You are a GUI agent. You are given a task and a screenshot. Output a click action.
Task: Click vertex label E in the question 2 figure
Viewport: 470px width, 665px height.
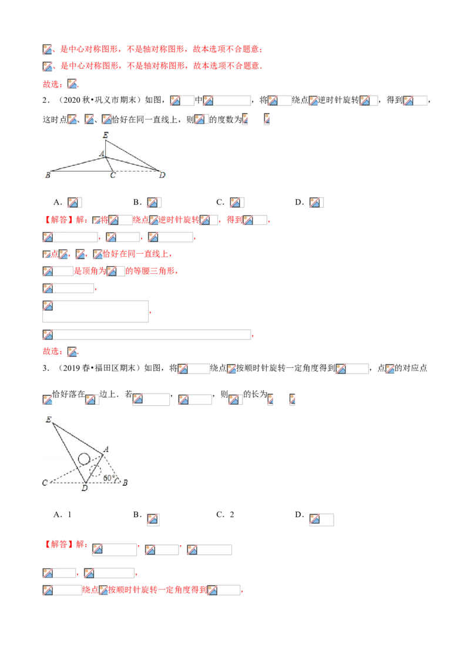pyautogui.click(x=106, y=135)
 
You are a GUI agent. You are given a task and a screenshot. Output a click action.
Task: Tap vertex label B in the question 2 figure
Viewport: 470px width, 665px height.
pyautogui.click(x=48, y=174)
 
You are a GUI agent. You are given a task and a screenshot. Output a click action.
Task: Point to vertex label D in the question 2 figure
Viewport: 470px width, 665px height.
pyautogui.click(x=162, y=174)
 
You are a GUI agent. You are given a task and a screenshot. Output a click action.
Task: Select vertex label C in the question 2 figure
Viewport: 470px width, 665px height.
pyautogui.click(x=113, y=175)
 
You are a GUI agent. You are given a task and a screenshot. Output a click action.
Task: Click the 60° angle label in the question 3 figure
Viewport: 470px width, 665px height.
pyautogui.click(x=109, y=478)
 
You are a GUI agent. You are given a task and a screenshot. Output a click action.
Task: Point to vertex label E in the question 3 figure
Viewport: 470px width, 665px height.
pyautogui.click(x=48, y=419)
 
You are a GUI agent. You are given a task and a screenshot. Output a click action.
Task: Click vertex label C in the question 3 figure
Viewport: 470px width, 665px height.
pyautogui.click(x=45, y=483)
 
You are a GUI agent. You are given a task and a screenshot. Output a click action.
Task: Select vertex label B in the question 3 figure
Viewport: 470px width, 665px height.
pyautogui.click(x=125, y=482)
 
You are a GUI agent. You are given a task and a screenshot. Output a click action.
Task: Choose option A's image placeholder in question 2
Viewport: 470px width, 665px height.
pyautogui.click(x=74, y=202)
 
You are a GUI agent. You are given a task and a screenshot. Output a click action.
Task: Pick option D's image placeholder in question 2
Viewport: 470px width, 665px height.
pyautogui.click(x=316, y=202)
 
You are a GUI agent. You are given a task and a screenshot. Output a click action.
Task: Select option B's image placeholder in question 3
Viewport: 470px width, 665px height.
pyautogui.click(x=153, y=519)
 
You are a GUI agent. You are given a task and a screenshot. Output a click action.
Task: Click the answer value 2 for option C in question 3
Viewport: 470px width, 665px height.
pyautogui.click(x=232, y=515)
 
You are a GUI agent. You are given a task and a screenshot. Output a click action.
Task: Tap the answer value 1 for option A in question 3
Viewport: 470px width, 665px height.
pyautogui.click(x=69, y=515)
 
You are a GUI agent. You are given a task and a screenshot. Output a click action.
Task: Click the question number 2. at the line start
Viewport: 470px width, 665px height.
pyautogui.click(x=46, y=100)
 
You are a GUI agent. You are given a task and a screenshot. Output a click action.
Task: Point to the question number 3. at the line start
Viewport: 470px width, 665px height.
pyautogui.click(x=46, y=368)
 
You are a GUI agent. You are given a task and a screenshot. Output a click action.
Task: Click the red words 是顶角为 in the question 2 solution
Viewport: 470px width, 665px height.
pyautogui.click(x=90, y=271)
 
